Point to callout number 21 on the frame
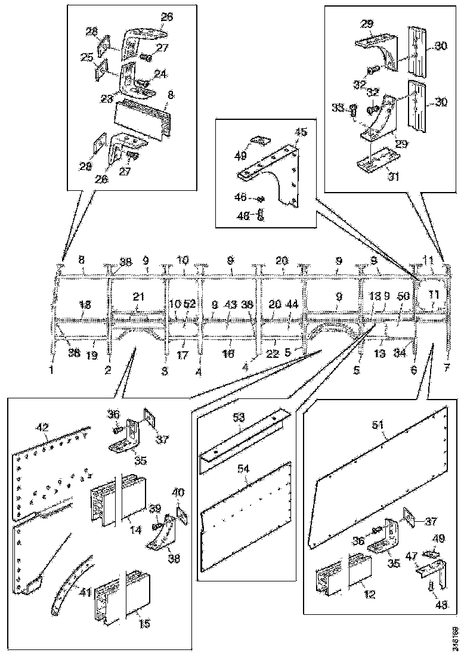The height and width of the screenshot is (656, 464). (138, 297)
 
